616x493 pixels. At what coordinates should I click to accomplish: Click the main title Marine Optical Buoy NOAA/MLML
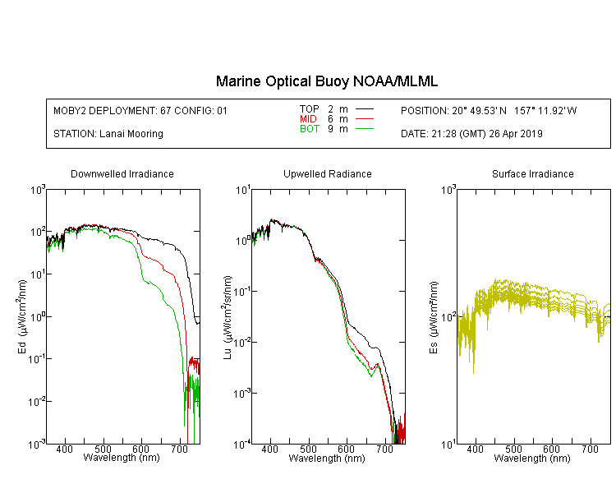[326, 81]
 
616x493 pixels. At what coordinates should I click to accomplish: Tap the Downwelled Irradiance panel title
[122, 173]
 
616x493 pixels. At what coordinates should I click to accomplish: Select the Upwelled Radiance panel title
[328, 173]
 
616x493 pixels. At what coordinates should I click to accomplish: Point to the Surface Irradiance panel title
[533, 173]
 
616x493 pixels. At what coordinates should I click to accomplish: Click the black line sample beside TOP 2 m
[365, 109]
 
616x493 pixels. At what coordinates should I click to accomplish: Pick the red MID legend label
[308, 118]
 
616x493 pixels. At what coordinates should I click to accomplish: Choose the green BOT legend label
[310, 129]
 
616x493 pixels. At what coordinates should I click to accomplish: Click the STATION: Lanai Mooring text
[108, 134]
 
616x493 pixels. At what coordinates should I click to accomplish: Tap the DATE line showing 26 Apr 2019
[471, 134]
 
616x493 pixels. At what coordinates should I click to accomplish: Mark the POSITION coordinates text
[489, 110]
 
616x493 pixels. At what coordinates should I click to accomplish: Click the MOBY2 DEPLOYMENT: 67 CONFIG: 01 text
[140, 110]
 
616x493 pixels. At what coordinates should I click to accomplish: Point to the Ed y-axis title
[22, 317]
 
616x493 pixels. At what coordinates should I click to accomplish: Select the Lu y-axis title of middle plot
[228, 317]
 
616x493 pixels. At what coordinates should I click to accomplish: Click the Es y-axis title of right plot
[434, 318]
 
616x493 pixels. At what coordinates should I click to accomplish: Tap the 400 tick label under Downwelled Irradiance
[65, 449]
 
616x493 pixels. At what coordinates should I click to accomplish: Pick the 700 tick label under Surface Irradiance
[590, 449]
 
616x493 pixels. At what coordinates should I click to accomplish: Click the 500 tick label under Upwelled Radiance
[308, 449]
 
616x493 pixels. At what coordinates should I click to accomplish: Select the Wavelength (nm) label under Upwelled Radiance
[327, 458]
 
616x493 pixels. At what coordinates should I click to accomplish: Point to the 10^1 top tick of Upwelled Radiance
[243, 191]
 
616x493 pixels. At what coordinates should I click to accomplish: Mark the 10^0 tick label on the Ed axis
[38, 317]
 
